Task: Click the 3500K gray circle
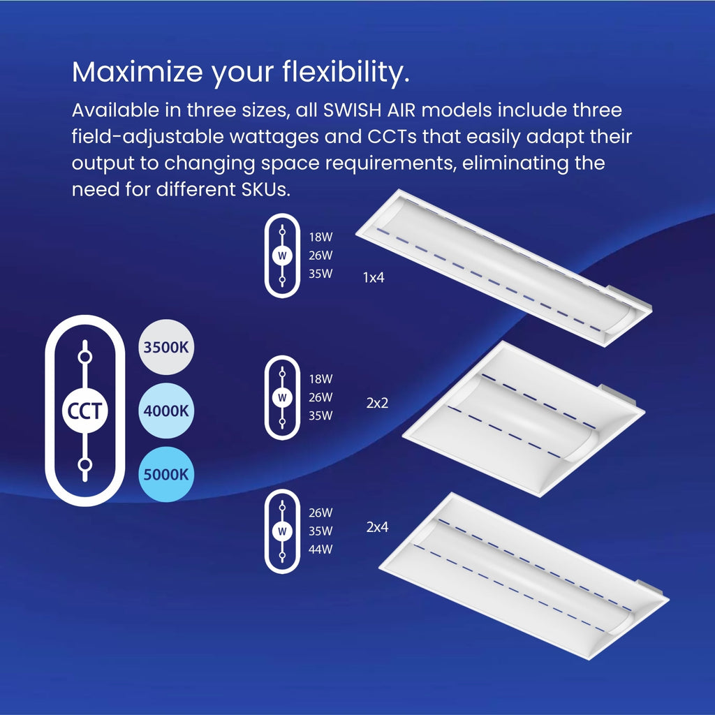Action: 166,347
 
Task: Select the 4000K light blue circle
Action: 166,411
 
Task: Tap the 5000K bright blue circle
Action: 166,474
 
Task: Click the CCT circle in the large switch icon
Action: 84,411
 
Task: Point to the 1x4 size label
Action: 374,277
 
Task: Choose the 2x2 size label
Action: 377,403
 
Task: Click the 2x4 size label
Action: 377,526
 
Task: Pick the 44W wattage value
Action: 320,549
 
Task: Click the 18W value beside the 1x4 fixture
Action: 320,237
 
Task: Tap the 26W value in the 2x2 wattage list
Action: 320,397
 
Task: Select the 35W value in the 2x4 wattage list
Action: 320,531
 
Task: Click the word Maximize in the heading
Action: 138,72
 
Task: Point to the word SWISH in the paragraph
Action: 352,110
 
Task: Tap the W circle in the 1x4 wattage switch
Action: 282,256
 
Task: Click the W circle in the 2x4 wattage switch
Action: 282,531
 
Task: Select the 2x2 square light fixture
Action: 524,419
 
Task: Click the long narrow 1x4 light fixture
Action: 504,267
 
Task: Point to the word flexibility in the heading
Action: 345,73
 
